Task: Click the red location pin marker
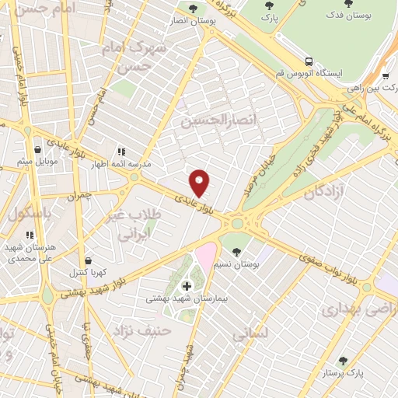pyautogui.click(x=200, y=183)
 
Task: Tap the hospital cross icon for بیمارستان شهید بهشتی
pyautogui.click(x=187, y=286)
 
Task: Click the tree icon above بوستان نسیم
pyautogui.click(x=236, y=252)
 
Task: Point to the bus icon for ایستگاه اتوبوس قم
pyautogui.click(x=310, y=61)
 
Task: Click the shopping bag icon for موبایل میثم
pyautogui.click(x=37, y=150)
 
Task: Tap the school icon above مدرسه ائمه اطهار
pyautogui.click(x=120, y=152)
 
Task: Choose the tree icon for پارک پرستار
pyautogui.click(x=343, y=361)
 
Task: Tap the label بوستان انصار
pyautogui.click(x=187, y=20)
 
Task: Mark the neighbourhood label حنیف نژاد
pyautogui.click(x=142, y=332)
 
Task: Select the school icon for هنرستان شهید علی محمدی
pyautogui.click(x=30, y=235)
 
